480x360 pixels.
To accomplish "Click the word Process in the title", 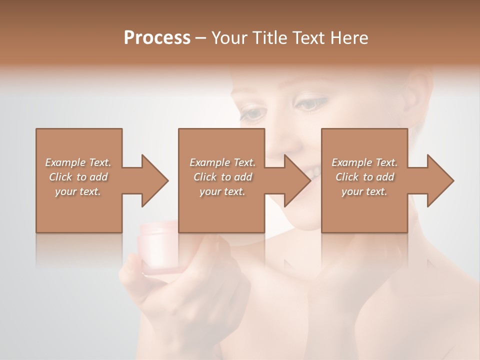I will (x=157, y=38).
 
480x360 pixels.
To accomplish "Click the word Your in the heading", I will (x=229, y=38).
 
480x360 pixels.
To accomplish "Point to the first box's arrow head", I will (x=155, y=180).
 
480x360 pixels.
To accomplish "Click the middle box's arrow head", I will (x=298, y=180).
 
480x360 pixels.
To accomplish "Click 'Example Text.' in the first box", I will (x=78, y=162).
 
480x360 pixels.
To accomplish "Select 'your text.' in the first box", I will (x=78, y=191).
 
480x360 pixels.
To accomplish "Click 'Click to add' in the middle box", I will (x=222, y=177).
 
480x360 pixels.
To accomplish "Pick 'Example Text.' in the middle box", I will (x=222, y=162).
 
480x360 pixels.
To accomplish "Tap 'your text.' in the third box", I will (x=364, y=191).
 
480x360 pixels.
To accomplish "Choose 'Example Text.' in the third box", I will (x=364, y=162).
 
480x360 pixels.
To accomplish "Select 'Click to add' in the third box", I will (x=364, y=177).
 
